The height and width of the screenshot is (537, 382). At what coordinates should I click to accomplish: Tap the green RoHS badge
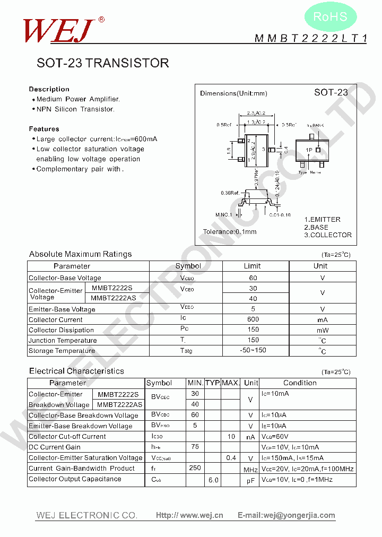(x=330, y=17)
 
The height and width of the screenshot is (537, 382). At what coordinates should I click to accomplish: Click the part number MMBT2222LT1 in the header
(x=310, y=38)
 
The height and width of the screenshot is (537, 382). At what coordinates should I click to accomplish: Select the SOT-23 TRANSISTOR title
(x=103, y=63)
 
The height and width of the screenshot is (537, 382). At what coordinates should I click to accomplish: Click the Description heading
(x=49, y=89)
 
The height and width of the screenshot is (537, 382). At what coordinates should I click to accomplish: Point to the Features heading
(x=44, y=129)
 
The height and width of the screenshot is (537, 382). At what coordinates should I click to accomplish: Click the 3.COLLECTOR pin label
(x=327, y=235)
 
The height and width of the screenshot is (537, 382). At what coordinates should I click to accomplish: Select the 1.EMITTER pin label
(x=322, y=220)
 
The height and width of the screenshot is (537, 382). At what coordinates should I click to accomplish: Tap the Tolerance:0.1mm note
(x=230, y=232)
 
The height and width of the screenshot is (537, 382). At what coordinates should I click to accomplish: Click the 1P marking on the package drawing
(x=309, y=150)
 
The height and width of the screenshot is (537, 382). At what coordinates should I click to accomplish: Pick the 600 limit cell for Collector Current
(x=253, y=319)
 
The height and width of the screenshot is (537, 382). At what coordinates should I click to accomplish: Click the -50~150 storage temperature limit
(x=253, y=350)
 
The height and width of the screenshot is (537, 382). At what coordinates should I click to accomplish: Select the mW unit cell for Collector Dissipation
(x=322, y=330)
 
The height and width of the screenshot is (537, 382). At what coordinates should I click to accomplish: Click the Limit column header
(x=253, y=266)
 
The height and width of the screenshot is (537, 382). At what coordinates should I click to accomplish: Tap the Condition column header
(x=300, y=383)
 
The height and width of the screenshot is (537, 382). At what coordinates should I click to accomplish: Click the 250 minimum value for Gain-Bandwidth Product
(x=195, y=468)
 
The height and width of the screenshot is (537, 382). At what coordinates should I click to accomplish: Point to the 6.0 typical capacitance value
(x=213, y=479)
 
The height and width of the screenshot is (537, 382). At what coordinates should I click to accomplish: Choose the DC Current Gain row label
(x=55, y=447)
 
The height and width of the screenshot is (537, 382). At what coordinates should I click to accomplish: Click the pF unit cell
(x=250, y=480)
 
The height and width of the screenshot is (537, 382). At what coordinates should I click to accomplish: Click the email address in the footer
(x=286, y=515)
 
